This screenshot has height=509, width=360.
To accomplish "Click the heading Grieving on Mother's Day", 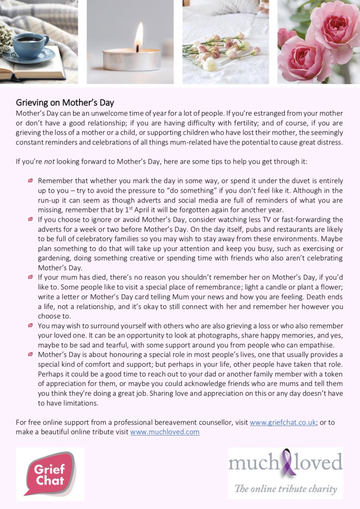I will tap(65, 103).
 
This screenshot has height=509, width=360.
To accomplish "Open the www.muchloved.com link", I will tap(165, 432).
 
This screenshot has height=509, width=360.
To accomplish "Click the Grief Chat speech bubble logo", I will tap(50, 474).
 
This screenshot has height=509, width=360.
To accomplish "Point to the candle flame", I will tap(139, 37).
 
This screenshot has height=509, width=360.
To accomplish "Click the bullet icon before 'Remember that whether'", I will tap(30, 181).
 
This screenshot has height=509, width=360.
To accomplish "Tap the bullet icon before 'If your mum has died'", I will tap(30, 277).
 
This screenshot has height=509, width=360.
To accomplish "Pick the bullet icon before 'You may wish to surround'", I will tap(30, 325).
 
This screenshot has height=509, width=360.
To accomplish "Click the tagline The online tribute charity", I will tap(286, 489).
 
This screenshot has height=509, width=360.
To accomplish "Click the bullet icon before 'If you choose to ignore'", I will tap(30, 219).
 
